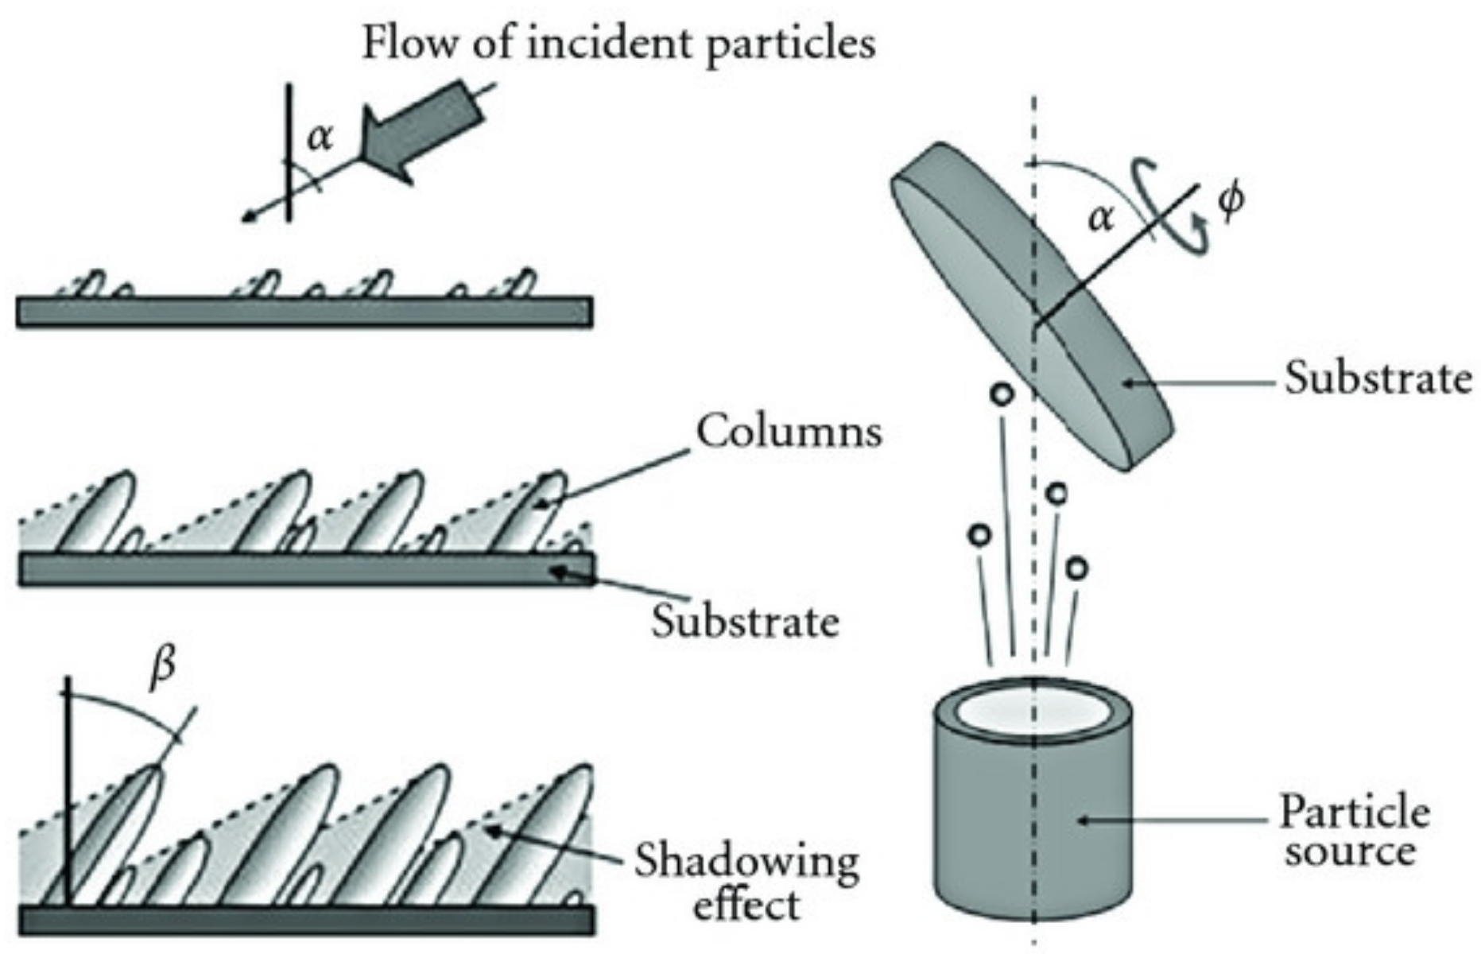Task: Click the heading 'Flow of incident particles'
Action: coord(618,43)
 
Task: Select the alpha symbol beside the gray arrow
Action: coord(320,138)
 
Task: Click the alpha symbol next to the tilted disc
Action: coord(1100,216)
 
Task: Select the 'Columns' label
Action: coord(789,432)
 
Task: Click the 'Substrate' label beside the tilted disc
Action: coord(1378,378)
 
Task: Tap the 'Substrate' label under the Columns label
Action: coord(745,622)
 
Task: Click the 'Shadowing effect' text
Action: coord(746,882)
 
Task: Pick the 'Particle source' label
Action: coord(1354,832)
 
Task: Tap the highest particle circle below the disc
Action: coord(1002,393)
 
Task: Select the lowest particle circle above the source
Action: coord(1076,568)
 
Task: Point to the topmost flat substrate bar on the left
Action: coord(304,312)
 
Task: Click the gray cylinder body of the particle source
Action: coord(1033,827)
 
